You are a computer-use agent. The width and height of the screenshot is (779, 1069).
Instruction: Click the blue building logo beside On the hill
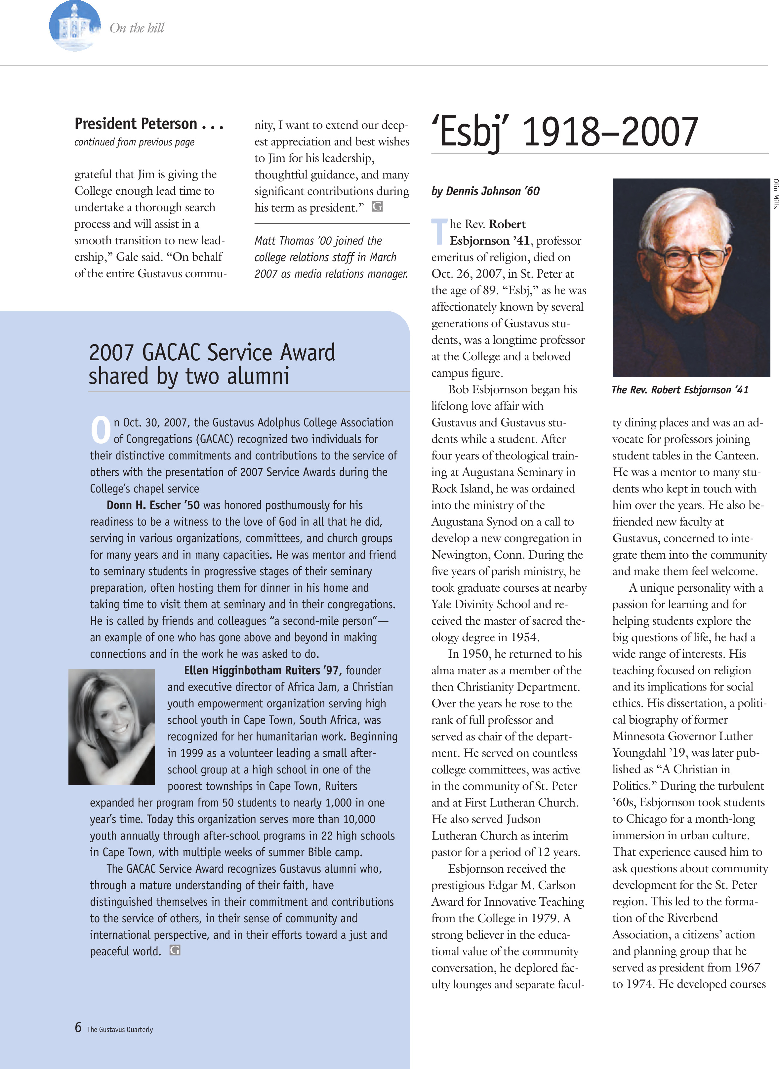[x=74, y=26]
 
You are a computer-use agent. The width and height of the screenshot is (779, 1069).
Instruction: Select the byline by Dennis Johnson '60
[x=485, y=191]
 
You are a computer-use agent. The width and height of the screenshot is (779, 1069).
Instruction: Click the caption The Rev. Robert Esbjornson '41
[x=679, y=390]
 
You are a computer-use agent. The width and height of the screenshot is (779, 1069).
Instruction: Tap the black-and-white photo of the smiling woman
[x=112, y=727]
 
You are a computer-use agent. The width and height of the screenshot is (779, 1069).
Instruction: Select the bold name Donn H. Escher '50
[x=153, y=505]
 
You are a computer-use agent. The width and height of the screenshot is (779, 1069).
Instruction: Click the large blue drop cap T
[x=439, y=231]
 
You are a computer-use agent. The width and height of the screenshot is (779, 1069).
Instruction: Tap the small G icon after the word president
[x=377, y=207]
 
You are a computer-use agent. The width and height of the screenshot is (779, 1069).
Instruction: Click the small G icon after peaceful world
[x=175, y=950]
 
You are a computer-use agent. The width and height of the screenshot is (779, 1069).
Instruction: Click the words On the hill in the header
[x=137, y=28]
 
